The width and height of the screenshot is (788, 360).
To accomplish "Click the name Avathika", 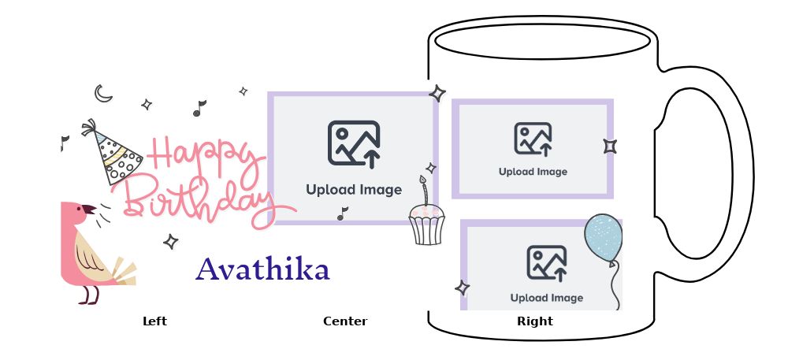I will pyautogui.click(x=262, y=270).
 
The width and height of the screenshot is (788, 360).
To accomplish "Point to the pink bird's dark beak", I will pyautogui.click(x=89, y=210).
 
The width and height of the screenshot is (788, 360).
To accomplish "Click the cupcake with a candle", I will pyautogui.click(x=426, y=223).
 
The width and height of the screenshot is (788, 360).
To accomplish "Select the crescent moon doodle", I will pyautogui.click(x=103, y=94).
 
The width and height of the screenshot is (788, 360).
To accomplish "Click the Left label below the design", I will pyautogui.click(x=154, y=321).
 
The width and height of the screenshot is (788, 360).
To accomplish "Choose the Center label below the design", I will pyautogui.click(x=345, y=321).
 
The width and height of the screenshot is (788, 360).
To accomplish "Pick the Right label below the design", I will pyautogui.click(x=535, y=321).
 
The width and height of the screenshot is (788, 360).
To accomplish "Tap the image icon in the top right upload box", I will pyautogui.click(x=533, y=139).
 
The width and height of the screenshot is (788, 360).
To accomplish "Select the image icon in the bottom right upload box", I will pyautogui.click(x=547, y=264).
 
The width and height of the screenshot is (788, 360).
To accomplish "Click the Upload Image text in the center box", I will pyautogui.click(x=354, y=190).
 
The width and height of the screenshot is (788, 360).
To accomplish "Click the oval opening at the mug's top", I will pyautogui.click(x=541, y=41).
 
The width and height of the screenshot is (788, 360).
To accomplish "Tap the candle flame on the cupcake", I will pyautogui.click(x=422, y=180).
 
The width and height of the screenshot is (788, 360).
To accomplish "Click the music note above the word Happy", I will pyautogui.click(x=199, y=108).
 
